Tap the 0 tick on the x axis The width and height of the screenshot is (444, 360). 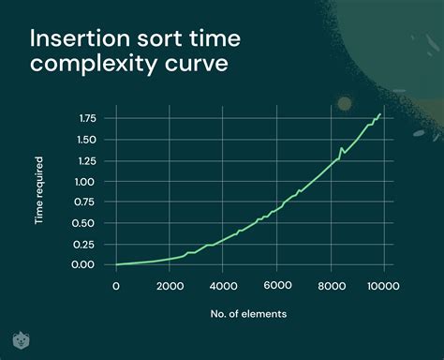(116, 286)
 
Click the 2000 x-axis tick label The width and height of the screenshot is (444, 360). (170, 286)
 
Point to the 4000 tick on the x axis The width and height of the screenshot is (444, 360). (223, 286)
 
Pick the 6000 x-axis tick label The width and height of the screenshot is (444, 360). (276, 286)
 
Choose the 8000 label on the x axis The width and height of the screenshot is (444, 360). (330, 286)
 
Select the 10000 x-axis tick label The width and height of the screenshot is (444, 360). (382, 286)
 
